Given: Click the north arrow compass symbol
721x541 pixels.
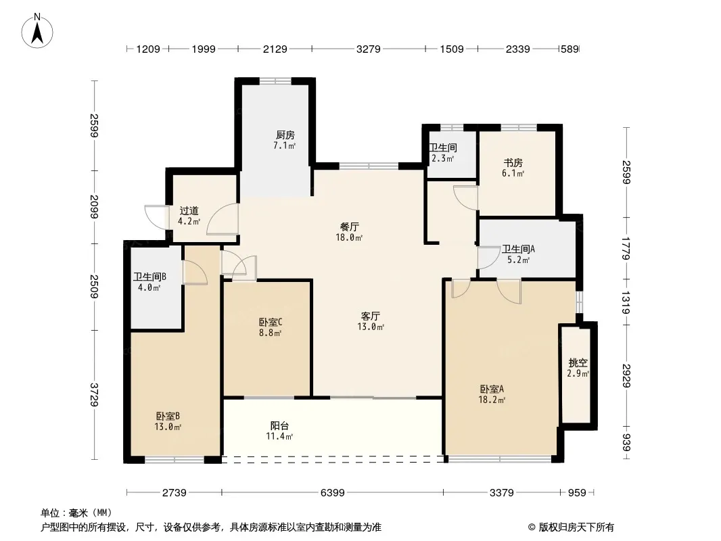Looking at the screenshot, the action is (x=37, y=31).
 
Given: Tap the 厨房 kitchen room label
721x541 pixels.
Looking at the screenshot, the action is (x=285, y=135).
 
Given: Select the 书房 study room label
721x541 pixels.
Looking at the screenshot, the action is (x=513, y=163).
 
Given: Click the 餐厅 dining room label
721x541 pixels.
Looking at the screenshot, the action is (x=350, y=227).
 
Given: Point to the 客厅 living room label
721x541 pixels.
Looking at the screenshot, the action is (x=370, y=316).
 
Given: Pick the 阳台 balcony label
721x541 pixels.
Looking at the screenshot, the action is (x=279, y=425).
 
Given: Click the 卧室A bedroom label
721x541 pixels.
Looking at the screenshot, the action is (x=492, y=390).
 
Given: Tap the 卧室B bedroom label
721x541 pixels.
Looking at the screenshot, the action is (x=168, y=416).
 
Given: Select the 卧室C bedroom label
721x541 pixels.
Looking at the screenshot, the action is (x=271, y=322).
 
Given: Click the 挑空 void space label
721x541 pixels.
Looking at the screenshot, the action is (x=578, y=363).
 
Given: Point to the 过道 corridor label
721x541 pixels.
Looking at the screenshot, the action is (x=189, y=210).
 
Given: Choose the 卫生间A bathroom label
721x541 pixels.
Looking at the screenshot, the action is (x=518, y=249).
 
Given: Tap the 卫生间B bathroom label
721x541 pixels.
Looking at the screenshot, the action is (x=150, y=277).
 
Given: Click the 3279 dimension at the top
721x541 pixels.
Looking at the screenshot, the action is (x=369, y=49).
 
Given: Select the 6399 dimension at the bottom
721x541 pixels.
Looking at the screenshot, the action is (x=333, y=493).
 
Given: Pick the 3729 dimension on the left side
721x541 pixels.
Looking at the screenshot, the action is (x=94, y=394).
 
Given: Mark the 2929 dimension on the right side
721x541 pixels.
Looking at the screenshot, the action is (x=626, y=375).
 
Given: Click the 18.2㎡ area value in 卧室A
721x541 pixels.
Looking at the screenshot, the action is (x=492, y=400).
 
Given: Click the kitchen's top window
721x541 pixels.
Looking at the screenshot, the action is (x=275, y=81).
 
